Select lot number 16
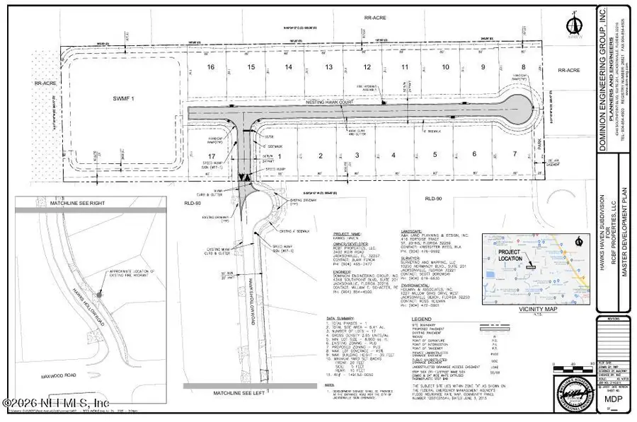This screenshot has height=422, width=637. [210, 67]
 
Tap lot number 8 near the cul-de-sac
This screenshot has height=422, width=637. [524, 67]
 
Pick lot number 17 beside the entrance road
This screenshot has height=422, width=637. [210, 156]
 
